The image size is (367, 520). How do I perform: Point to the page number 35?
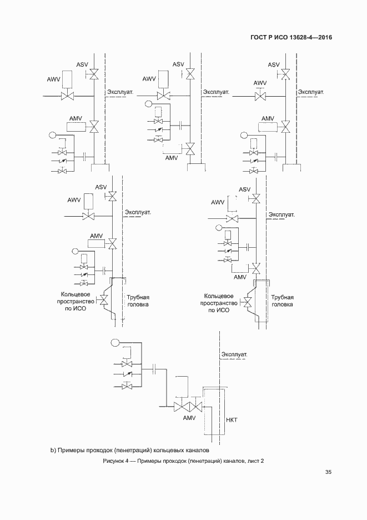click(328, 472)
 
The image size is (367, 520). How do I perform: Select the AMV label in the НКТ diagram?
click(189, 418)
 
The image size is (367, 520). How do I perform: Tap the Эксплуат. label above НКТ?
click(234, 354)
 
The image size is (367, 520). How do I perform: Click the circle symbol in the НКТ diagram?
click(115, 341)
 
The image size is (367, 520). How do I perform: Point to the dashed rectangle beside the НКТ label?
click(212, 411)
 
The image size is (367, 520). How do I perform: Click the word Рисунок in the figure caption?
click(114, 462)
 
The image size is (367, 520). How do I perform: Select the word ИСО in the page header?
click(278, 38)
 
